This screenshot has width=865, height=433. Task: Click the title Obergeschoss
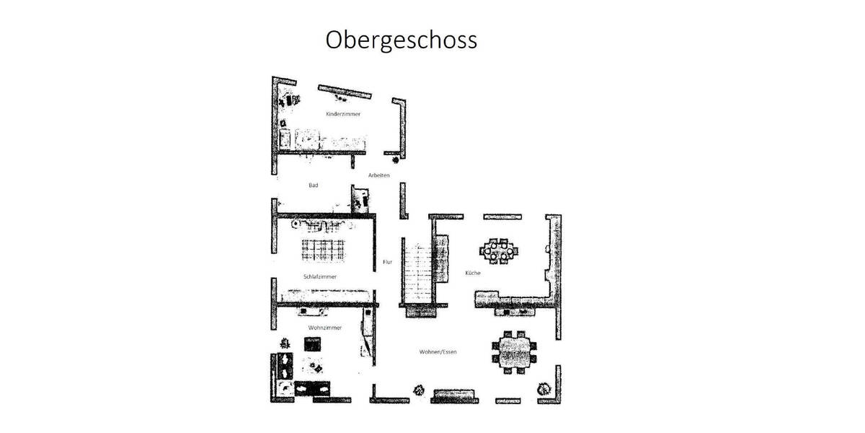401,40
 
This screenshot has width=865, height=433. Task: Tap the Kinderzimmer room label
343,114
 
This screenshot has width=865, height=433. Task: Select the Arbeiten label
378,175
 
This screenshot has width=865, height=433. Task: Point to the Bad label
314,185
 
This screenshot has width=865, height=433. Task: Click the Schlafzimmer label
319,276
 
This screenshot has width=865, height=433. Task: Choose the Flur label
388,262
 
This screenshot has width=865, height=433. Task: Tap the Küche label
473,273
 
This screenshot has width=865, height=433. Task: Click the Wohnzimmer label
324,328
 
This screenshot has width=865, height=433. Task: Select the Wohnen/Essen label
438,352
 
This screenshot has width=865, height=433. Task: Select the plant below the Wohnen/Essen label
418,391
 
